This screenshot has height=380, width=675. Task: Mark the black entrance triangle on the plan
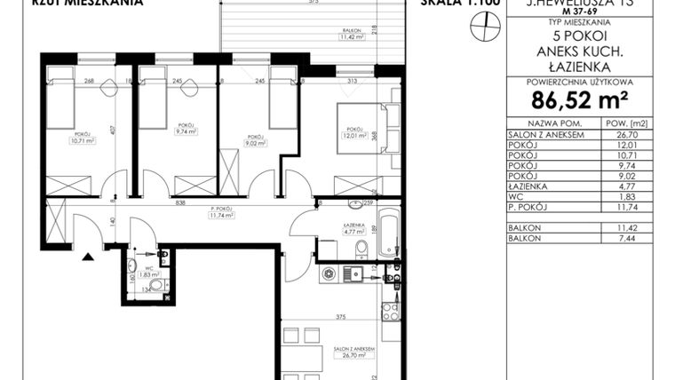pos(87,257)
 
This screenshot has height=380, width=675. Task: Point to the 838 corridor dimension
pos(181,203)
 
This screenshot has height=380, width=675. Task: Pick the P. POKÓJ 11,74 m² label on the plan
pos(219,212)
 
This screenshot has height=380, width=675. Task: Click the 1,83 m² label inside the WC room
pos(147,274)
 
